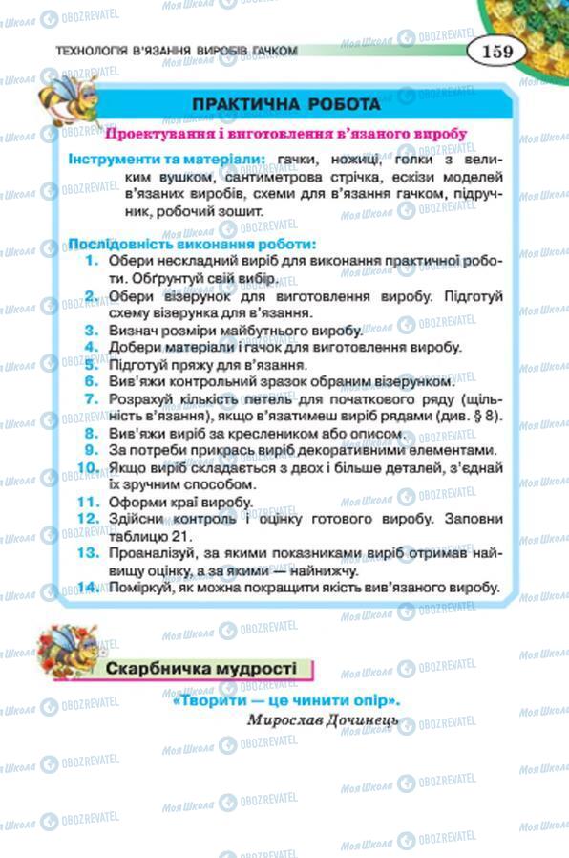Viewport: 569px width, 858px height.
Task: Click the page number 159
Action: coord(496,49)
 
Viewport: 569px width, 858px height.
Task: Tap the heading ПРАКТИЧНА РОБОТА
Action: coord(286,103)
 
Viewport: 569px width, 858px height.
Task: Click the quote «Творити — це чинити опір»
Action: coord(286,700)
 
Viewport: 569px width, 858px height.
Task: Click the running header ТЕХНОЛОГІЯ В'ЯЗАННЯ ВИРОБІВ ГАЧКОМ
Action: coord(177,50)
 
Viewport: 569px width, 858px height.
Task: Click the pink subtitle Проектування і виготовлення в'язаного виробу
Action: coord(286,134)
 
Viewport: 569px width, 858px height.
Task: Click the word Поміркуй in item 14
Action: coord(141,588)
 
